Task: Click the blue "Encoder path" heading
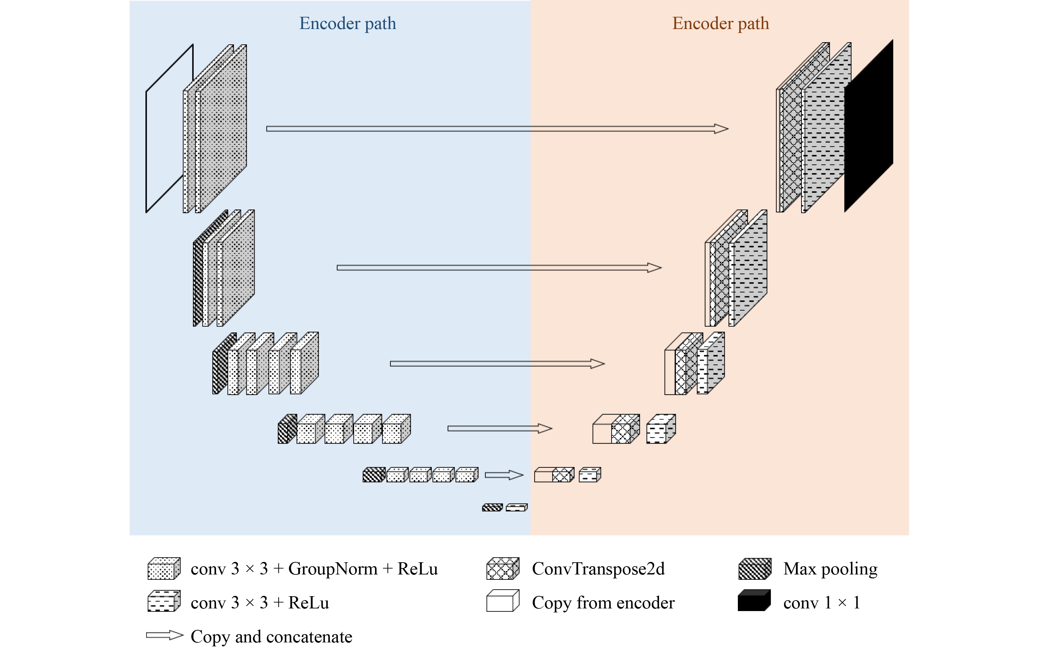pyautogui.click(x=347, y=23)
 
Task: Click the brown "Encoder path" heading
pyautogui.click(x=720, y=23)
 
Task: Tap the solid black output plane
pyautogui.click(x=868, y=126)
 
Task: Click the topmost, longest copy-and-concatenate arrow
pyautogui.click(x=497, y=129)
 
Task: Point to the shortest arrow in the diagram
pyautogui.click(x=504, y=475)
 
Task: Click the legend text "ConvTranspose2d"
pyautogui.click(x=598, y=569)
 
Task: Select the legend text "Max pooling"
pyautogui.click(x=830, y=569)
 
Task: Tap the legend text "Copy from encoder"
pyautogui.click(x=603, y=602)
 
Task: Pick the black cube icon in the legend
pyautogui.click(x=754, y=601)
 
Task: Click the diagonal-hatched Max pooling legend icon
pyautogui.click(x=754, y=569)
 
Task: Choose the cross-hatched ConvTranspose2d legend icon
pyautogui.click(x=502, y=569)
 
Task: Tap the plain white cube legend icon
pyautogui.click(x=502, y=601)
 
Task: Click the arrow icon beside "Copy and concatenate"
pyautogui.click(x=165, y=635)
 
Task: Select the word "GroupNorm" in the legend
pyautogui.click(x=332, y=569)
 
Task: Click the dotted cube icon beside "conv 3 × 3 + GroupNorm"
pyautogui.click(x=164, y=569)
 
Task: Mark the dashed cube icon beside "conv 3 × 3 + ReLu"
pyautogui.click(x=164, y=601)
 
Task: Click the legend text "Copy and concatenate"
pyautogui.click(x=271, y=637)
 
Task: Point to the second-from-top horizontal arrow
pyautogui.click(x=499, y=268)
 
